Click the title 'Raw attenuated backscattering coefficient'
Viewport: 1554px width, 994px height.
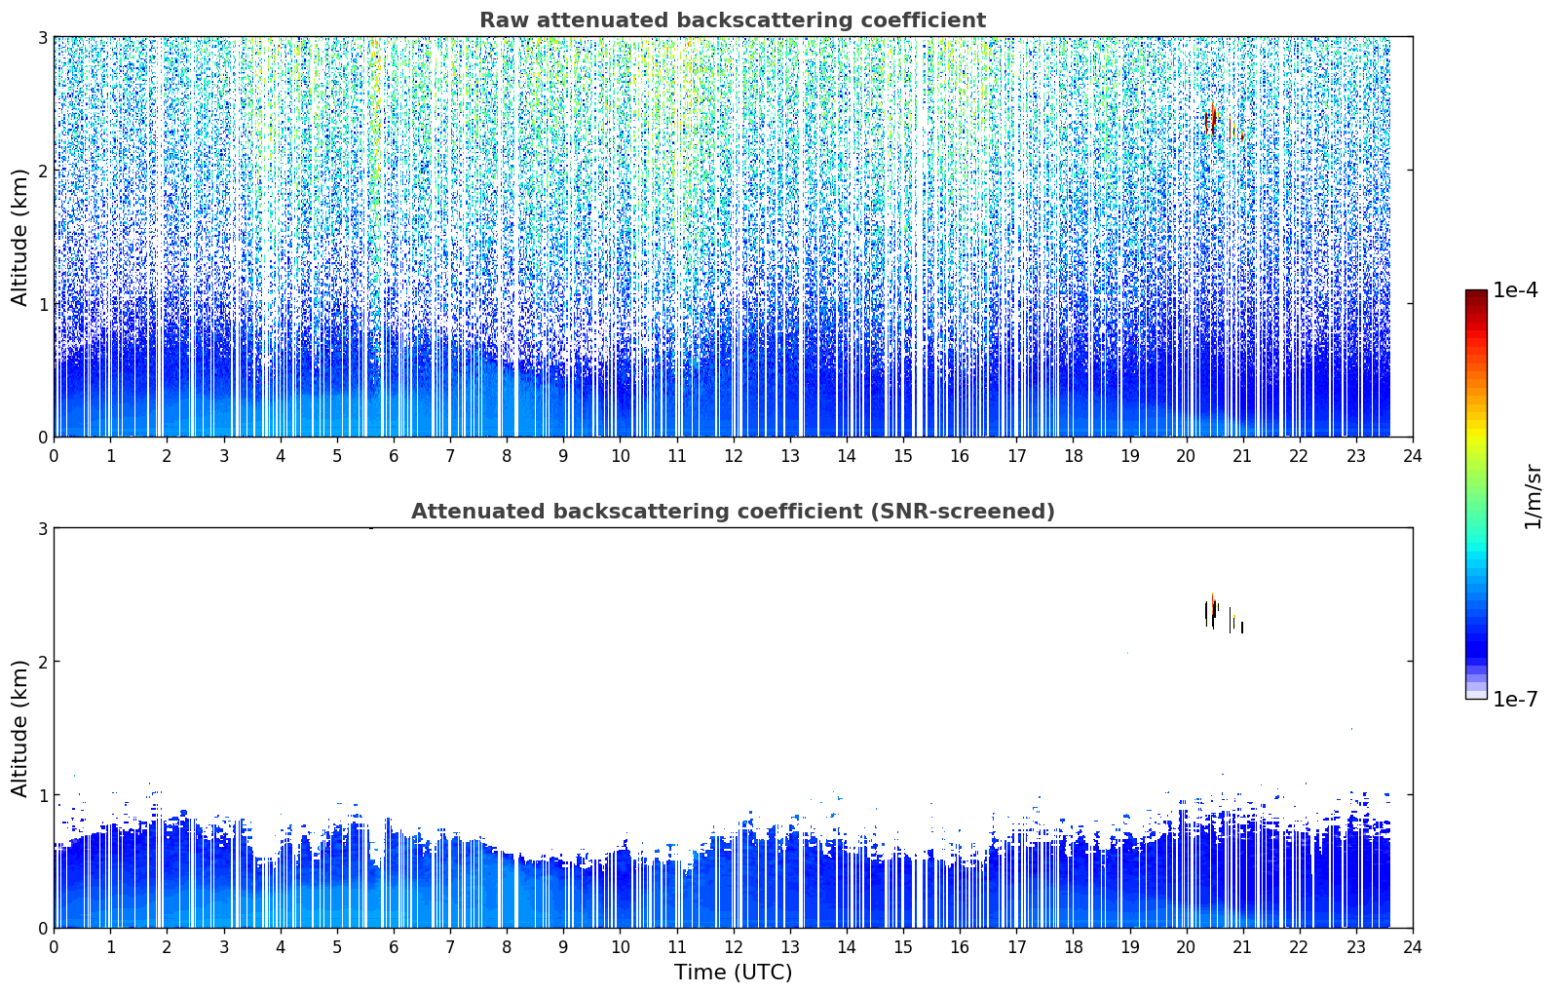733,20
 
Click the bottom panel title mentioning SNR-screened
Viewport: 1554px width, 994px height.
733,512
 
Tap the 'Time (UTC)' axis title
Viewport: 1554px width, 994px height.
733,973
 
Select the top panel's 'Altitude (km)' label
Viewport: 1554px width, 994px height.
19,238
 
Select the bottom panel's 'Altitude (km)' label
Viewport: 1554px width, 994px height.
19,729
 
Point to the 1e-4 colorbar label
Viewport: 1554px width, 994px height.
1515,290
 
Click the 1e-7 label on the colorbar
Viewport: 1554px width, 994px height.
1515,699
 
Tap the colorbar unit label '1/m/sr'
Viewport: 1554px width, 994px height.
1533,497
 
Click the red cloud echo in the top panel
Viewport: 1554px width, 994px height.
1213,121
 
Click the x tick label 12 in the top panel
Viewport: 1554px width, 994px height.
734,456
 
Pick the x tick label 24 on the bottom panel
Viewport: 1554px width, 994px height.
1413,947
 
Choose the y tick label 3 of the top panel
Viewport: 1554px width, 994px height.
42,38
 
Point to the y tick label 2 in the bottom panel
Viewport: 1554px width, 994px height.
42,662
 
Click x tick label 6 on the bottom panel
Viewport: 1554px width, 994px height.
394,947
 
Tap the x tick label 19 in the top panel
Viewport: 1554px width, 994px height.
1129,456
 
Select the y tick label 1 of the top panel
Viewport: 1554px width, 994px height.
42,304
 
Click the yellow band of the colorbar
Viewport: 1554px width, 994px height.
1476,432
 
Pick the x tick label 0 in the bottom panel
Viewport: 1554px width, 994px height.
55,947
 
